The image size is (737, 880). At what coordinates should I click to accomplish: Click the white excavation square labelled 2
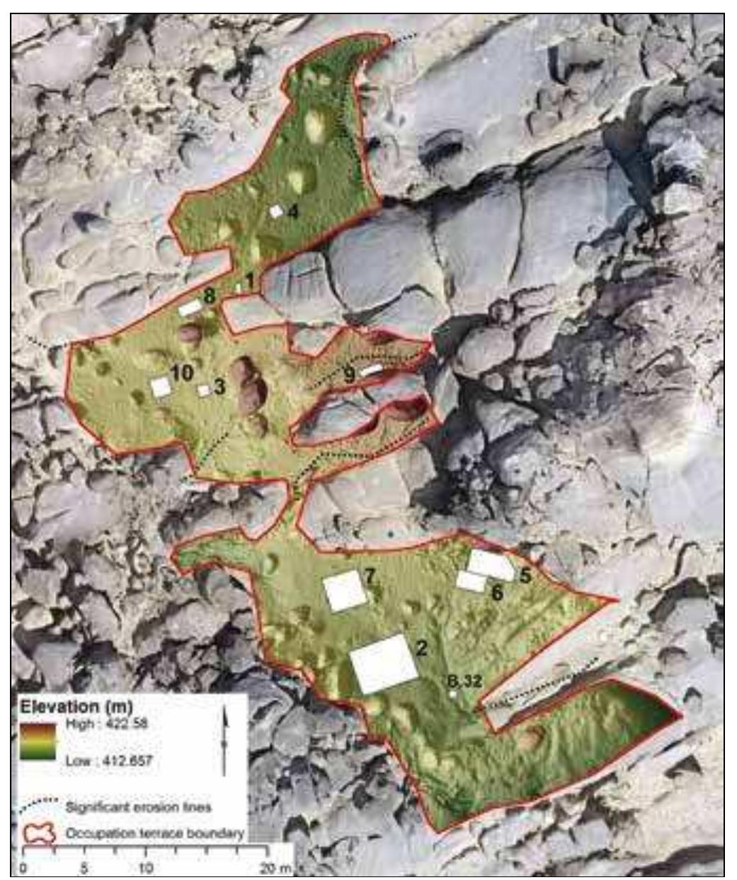click(384, 664)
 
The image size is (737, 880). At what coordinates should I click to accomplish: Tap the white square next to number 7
click(345, 591)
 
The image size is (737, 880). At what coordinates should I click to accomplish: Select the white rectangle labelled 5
click(491, 565)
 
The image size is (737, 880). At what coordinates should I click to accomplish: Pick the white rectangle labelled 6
click(471, 581)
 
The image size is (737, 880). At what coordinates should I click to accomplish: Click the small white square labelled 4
click(276, 211)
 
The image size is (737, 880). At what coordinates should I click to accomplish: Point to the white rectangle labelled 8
click(190, 308)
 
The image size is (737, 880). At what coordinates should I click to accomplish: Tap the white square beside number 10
click(161, 387)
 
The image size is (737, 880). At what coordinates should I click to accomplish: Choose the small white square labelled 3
click(204, 390)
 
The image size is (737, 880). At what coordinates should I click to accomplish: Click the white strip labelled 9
click(371, 369)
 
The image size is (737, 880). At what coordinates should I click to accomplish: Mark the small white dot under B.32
click(453, 695)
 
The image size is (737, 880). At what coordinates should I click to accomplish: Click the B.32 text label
click(465, 681)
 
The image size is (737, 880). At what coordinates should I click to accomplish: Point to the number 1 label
click(249, 281)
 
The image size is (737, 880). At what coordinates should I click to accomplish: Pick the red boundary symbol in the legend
click(39, 833)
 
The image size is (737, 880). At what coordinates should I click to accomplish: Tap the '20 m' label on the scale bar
click(275, 868)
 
